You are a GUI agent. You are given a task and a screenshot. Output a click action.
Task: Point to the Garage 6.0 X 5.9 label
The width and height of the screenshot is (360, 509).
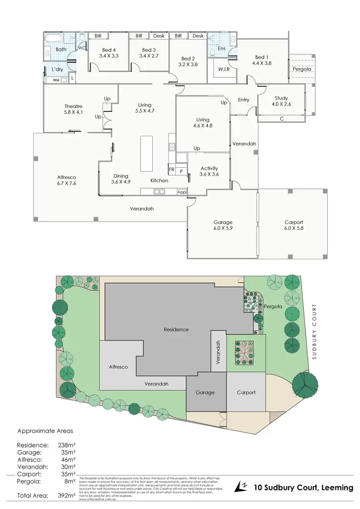[223, 225]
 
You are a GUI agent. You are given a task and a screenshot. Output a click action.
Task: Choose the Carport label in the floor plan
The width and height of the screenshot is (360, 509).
[293, 222]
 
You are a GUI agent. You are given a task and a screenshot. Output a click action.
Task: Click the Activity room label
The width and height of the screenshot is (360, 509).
[209, 171]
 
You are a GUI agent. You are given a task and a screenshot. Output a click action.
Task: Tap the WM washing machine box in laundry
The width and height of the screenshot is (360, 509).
[56, 80]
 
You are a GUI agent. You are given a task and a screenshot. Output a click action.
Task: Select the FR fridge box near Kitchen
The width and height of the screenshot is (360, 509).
[171, 170]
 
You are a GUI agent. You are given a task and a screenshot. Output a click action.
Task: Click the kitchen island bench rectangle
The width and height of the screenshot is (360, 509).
[146, 153]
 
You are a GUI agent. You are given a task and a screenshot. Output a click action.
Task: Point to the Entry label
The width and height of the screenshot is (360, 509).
[243, 100]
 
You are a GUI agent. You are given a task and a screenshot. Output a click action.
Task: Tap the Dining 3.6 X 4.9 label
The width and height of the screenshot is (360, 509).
[120, 178]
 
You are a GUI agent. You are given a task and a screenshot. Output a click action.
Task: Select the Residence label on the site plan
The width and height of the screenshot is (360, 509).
[176, 330]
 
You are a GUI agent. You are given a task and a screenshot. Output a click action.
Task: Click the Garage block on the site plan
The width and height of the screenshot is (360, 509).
[205, 392]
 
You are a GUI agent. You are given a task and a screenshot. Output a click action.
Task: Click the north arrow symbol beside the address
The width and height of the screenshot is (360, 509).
[240, 487]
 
